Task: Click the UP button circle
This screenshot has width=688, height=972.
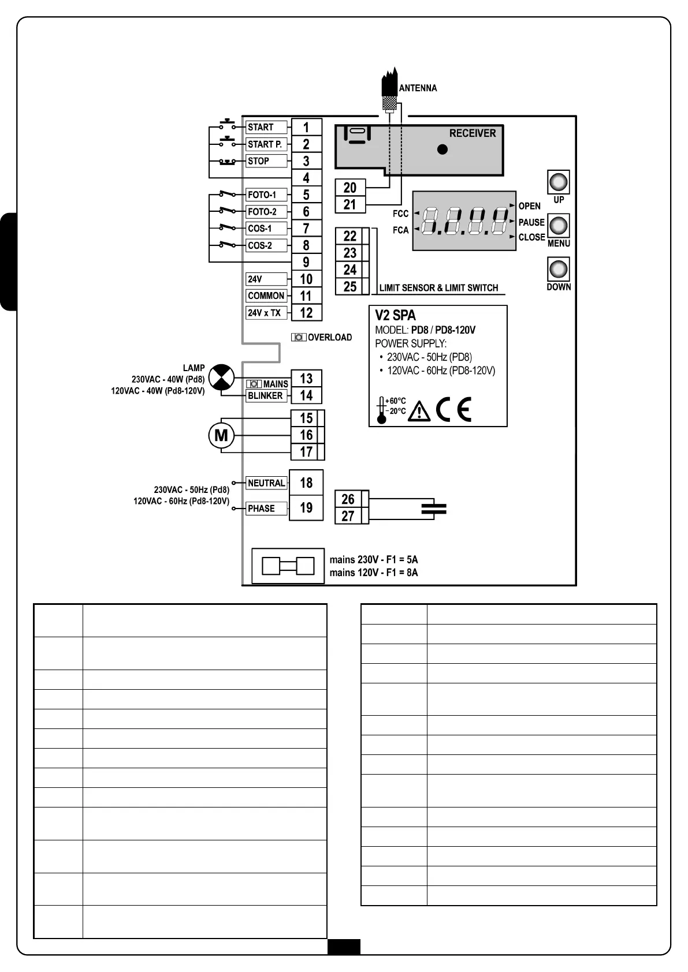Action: point(558,182)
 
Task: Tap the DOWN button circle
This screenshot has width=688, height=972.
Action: point(558,270)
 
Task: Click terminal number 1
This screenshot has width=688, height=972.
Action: point(306,127)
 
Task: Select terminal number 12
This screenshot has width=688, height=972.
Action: point(306,313)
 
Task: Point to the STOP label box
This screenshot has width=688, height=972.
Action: point(266,161)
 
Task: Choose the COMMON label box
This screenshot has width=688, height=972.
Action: point(266,296)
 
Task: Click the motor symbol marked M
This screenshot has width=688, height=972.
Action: point(221,435)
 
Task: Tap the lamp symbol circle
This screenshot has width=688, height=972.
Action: point(221,377)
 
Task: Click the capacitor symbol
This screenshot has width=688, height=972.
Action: point(434,509)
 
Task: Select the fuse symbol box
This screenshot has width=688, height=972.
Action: point(288,566)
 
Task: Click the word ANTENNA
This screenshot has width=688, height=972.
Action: point(418,88)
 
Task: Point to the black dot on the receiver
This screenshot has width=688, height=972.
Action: point(442,149)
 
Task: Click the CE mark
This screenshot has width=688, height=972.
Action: point(454,409)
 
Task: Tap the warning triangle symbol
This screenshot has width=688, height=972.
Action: point(419,411)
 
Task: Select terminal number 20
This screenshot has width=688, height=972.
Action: point(350,188)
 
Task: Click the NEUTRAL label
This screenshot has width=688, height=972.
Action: point(266,483)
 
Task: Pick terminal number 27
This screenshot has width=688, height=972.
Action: point(348,516)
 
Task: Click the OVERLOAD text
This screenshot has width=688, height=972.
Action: point(329,338)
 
